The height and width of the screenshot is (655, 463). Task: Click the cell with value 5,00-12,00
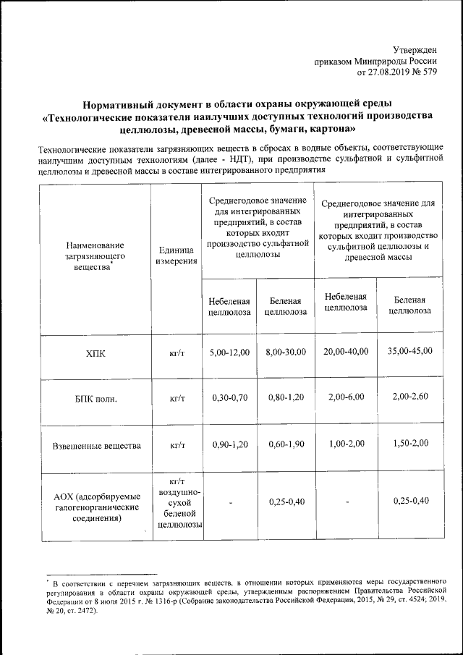point(229,352)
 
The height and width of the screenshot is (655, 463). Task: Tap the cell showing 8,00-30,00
point(286,352)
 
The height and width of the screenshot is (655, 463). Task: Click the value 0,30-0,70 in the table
point(229,398)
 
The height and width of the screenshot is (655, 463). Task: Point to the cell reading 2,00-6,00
point(346,397)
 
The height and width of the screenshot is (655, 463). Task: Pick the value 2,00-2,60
point(409,397)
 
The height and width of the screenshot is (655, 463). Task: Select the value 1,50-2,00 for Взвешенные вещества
point(409,443)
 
